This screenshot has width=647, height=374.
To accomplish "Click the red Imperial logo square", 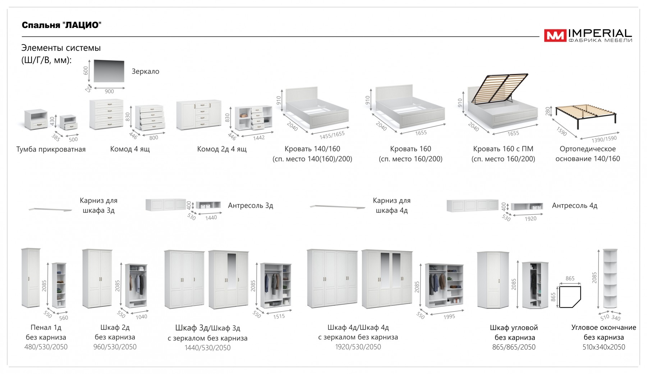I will pyautogui.click(x=555, y=36).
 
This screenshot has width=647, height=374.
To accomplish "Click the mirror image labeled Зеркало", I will pyautogui.click(x=109, y=71).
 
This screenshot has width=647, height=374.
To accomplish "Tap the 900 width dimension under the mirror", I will pyautogui.click(x=109, y=92).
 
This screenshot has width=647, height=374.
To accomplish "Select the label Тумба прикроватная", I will pyautogui.click(x=51, y=149).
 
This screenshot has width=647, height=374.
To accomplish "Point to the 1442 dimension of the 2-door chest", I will pyautogui.click(x=259, y=137).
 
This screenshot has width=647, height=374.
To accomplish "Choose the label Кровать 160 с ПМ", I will pyautogui.click(x=503, y=149).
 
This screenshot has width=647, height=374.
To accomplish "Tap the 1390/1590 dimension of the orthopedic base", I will pyautogui.click(x=604, y=139).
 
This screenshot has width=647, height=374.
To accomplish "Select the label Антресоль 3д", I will pyautogui.click(x=251, y=206).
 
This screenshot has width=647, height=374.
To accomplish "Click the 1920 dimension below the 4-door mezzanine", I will pyautogui.click(x=531, y=219).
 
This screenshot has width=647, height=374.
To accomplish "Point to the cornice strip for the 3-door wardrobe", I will pyautogui.click(x=50, y=209).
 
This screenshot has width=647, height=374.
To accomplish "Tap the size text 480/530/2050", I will pyautogui.click(x=46, y=347).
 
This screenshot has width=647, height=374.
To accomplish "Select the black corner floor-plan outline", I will pyautogui.click(x=570, y=296).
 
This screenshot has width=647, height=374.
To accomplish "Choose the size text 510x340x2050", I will pyautogui.click(x=604, y=347).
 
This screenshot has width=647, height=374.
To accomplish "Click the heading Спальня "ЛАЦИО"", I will pyautogui.click(x=61, y=25).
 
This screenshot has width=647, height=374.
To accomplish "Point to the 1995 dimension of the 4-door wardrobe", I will pyautogui.click(x=449, y=317).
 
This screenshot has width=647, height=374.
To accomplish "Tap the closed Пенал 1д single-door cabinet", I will pyautogui.click(x=31, y=277).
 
